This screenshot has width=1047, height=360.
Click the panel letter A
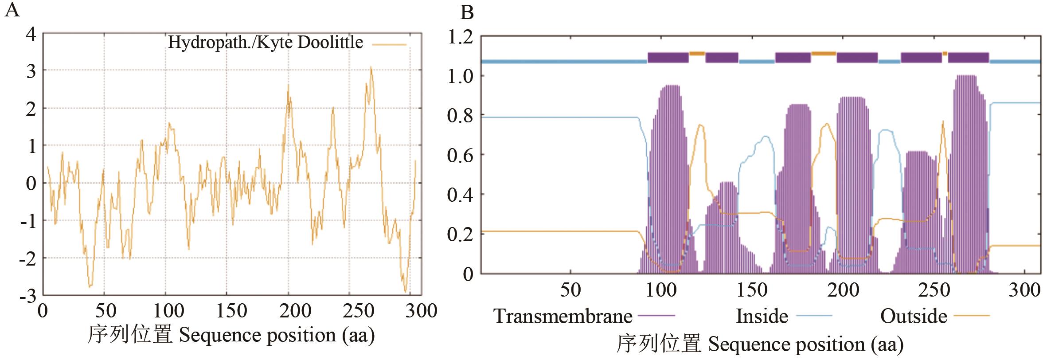(12, 10)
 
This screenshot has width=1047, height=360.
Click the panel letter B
(467, 12)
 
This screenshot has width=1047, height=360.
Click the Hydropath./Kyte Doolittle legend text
(266, 43)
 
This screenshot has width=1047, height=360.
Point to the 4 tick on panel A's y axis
(31, 34)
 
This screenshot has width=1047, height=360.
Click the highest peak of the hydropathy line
(371, 68)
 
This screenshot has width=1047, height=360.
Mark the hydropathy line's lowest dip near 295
(405, 291)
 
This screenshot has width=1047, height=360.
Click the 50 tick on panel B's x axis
(570, 290)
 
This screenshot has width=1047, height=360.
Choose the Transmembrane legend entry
(563, 316)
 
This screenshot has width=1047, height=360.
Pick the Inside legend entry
(762, 316)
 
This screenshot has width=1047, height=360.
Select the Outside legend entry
(914, 316)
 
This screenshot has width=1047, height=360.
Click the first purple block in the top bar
(668, 58)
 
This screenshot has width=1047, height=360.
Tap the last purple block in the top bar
(968, 58)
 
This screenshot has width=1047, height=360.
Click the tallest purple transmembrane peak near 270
(966, 77)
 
